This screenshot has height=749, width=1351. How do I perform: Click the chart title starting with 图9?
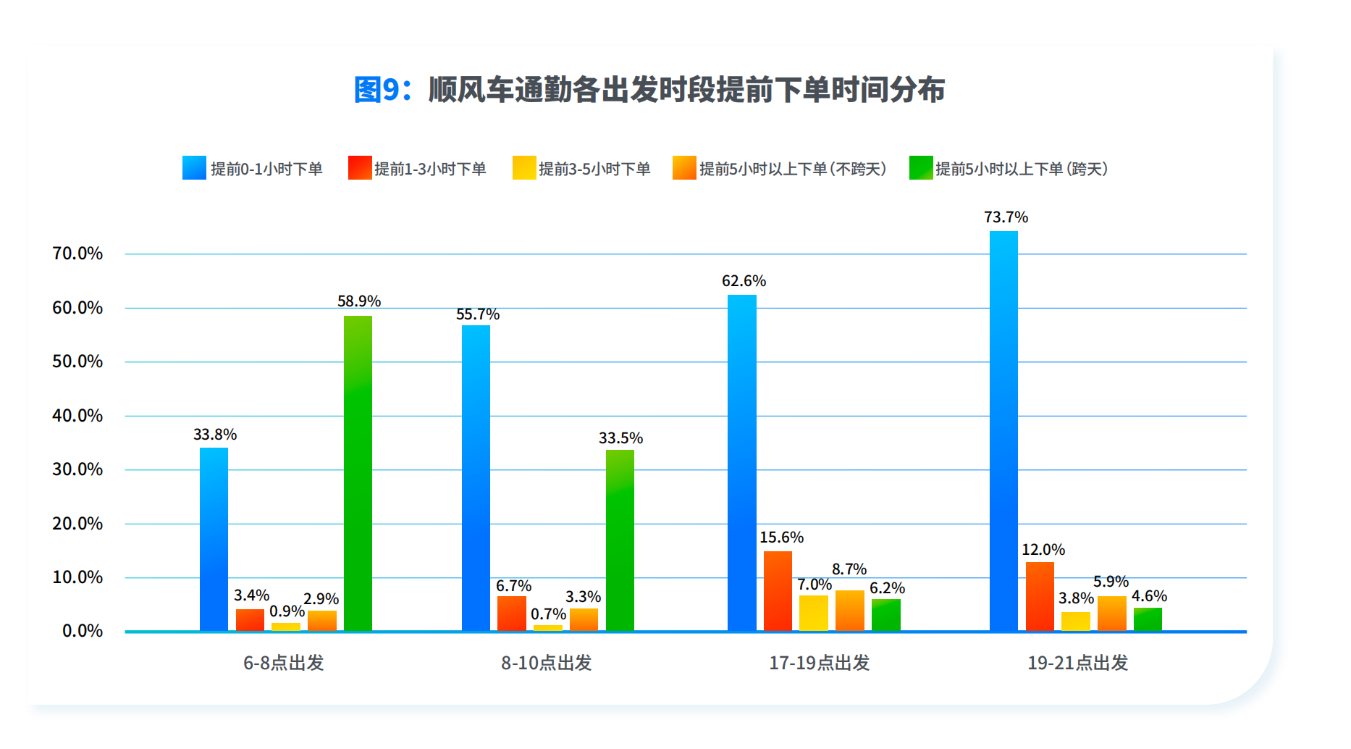649,90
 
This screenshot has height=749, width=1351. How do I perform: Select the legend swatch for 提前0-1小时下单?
194,168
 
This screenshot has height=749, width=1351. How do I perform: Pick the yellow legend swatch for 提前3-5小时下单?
524,168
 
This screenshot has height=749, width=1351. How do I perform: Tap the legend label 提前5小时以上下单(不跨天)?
793,169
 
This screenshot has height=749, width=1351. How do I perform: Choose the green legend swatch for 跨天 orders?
921,168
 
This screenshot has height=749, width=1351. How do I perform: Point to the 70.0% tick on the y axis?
77,254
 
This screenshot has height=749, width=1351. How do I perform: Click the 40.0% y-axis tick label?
77,416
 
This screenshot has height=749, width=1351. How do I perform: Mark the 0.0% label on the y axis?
83,631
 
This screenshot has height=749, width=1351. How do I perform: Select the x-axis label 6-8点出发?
283,663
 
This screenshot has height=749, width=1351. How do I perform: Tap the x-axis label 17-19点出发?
819,663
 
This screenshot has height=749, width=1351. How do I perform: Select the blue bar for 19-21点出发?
1003,431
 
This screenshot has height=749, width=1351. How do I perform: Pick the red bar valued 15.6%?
778,591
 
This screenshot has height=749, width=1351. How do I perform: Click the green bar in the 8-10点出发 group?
620,540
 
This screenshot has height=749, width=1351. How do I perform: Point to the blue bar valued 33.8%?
214,539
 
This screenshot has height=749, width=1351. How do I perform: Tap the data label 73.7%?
1006,217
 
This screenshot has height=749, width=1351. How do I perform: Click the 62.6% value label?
744,281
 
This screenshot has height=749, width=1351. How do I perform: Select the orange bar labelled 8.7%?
849,611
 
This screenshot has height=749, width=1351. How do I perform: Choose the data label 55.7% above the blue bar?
478,314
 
